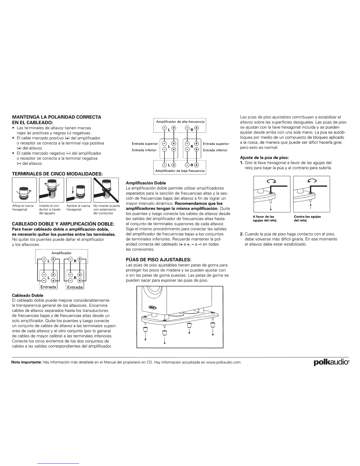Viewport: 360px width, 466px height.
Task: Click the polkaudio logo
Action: pos(331,362)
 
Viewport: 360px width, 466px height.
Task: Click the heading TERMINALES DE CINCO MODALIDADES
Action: pos(57,174)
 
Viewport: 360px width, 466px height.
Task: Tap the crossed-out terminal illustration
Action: pos(106,190)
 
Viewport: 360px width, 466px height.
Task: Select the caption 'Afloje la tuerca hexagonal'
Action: pos(23,208)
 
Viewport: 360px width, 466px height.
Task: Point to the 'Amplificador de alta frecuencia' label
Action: pos(180,122)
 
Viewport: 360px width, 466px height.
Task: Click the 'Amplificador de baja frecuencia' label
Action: pos(180,171)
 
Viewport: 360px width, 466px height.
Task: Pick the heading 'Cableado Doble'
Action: pos(27,295)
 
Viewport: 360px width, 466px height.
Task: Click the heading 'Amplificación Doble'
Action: pos(146,183)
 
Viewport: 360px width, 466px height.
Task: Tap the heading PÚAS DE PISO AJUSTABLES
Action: pos(159,260)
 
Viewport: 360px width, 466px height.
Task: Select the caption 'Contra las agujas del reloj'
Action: pos(307,219)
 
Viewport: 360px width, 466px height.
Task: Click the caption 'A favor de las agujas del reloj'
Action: pos(265,219)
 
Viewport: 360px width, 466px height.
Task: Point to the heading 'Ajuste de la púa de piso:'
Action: pos(264,158)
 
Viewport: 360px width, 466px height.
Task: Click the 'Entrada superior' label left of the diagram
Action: pos(145,144)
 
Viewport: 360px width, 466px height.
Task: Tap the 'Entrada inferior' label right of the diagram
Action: pos(215,150)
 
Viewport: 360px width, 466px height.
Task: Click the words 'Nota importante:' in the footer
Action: pos(26,362)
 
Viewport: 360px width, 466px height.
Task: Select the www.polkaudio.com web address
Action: pos(224,362)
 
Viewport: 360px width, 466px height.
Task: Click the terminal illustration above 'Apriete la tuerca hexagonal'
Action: pos(79,190)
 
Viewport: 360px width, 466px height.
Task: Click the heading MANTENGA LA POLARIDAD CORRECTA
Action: pos(56,117)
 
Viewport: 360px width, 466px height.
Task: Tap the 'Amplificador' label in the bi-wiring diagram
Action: pos(61,253)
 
